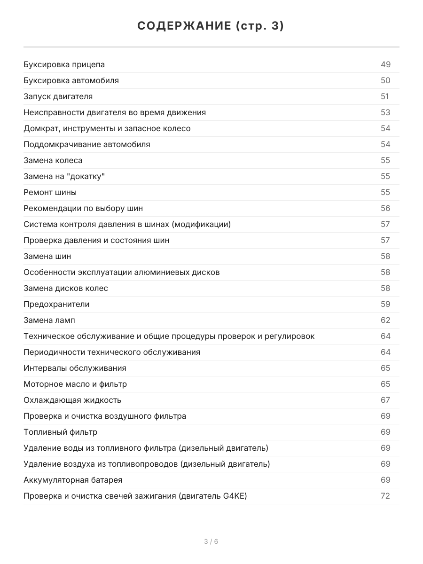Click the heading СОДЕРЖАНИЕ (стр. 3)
(x=211, y=26)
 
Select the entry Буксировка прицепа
(x=64, y=64)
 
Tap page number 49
(x=385, y=64)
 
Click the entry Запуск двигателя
(x=58, y=96)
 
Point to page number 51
(x=385, y=96)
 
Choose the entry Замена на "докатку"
(x=64, y=176)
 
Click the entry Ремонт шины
(x=50, y=192)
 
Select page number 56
(x=385, y=208)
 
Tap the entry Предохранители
(x=56, y=304)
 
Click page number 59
(x=385, y=304)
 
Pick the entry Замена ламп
(x=49, y=320)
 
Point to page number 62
(x=385, y=320)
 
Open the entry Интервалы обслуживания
(x=75, y=368)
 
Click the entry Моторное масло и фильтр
(x=75, y=384)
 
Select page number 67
(x=385, y=400)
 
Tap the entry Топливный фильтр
(x=61, y=432)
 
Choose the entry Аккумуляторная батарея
(x=73, y=480)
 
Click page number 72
(x=385, y=496)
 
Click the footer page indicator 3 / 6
(x=211, y=541)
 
